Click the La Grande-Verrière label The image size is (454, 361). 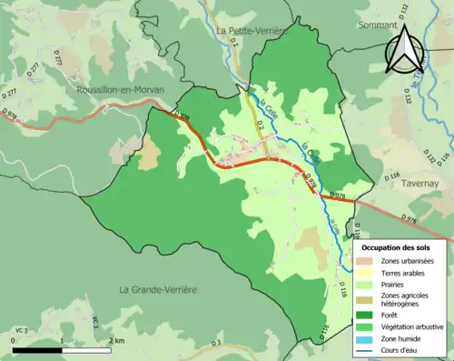[x=158, y=289]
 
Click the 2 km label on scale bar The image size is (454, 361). [x=116, y=340]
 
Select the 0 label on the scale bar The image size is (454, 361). [x=13, y=340]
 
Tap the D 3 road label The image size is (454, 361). [x=216, y=343]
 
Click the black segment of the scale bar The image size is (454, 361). [x=37, y=350]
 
